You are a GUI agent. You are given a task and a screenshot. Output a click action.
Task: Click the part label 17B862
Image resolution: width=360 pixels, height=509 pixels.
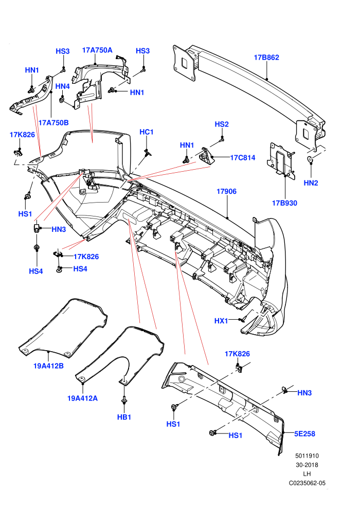coord(266,58)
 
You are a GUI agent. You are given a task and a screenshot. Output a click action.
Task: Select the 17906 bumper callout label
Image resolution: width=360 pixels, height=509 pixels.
coord(227,192)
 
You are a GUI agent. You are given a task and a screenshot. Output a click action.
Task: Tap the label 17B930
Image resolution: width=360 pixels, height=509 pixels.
coord(284,203)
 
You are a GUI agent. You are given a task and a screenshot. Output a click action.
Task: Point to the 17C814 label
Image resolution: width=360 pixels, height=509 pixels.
coord(243,158)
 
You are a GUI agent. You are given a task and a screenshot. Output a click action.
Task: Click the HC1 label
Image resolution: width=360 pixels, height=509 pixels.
coord(147,132)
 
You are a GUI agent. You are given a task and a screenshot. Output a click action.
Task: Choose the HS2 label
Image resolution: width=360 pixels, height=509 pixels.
coord(222,124)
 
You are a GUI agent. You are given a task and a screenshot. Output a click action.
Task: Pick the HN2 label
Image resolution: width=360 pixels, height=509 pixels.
coord(311,183)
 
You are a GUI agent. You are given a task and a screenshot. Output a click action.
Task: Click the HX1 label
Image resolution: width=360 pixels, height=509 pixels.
coord(221,321)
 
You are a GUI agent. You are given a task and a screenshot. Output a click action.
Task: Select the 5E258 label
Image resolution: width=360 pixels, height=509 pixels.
coord(304,434)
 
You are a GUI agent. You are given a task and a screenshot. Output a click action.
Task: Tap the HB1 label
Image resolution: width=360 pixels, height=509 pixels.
coord(124,417)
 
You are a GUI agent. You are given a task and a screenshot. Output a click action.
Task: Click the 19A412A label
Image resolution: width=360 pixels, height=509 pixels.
coord(82,398)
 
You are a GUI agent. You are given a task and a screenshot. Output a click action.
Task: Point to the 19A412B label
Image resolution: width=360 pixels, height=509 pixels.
coord(48,366)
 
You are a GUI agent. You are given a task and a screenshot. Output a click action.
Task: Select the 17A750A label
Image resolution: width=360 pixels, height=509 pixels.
coord(97,50)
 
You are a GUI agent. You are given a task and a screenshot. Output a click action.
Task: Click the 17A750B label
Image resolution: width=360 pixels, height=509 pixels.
coord(53,123)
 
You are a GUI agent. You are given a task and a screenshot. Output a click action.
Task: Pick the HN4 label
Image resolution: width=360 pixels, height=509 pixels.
coord(63,86)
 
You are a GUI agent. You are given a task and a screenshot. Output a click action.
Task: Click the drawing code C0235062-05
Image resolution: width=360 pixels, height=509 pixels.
coord(307,483)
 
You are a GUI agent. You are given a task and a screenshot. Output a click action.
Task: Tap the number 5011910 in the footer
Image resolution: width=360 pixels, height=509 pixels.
coord(307,456)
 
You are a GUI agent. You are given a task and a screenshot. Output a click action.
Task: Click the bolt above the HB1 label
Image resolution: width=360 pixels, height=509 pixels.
coord(124,399)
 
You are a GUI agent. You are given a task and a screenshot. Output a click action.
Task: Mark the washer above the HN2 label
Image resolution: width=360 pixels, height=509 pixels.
coord(310,159)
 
